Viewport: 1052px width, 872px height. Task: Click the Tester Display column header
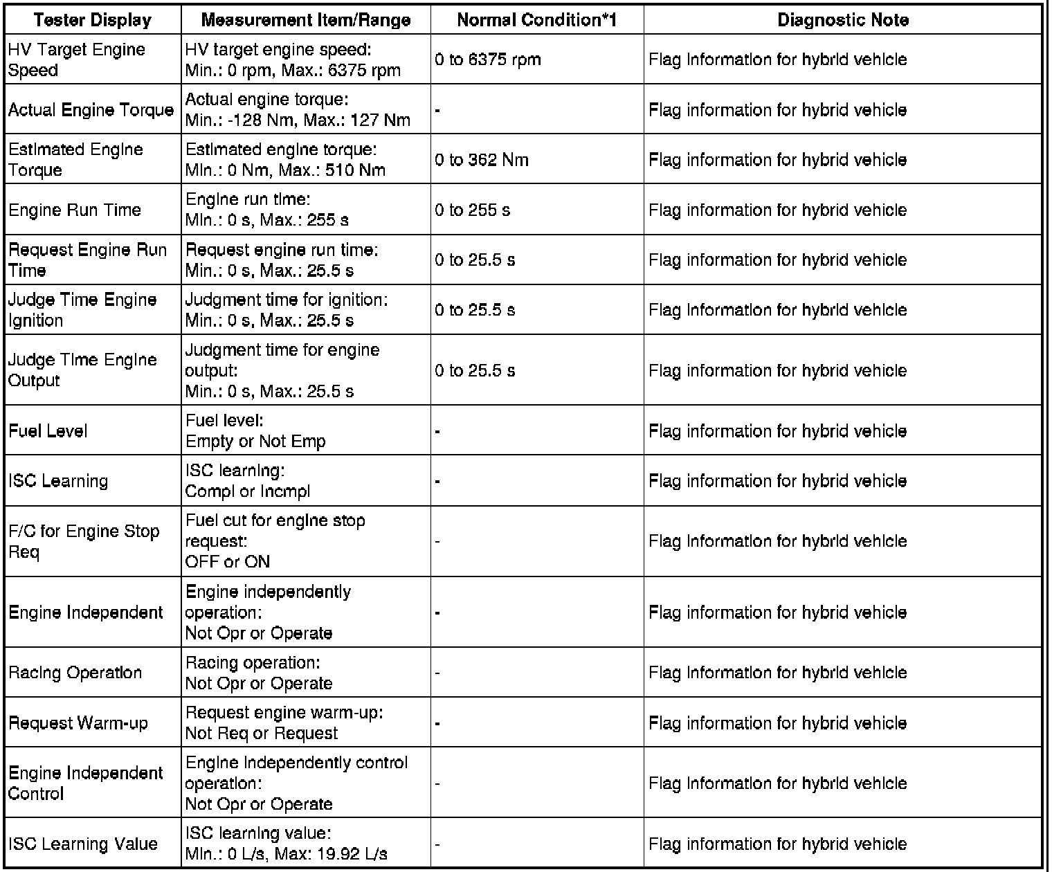(x=92, y=20)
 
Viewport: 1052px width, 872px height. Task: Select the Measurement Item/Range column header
(x=306, y=20)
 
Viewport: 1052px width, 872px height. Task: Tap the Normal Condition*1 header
(x=536, y=20)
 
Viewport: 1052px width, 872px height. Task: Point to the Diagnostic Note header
(x=842, y=20)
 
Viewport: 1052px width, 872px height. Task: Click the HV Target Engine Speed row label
(x=77, y=60)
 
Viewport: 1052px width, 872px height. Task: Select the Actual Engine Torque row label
(x=91, y=110)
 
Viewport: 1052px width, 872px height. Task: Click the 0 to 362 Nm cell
(x=482, y=160)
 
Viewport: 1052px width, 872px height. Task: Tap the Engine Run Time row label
(x=75, y=210)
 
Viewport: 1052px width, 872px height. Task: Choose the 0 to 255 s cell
(x=473, y=210)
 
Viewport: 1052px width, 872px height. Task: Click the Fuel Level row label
(x=48, y=430)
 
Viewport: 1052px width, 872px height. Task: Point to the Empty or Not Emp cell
(x=255, y=441)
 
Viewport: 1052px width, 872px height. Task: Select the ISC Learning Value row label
(x=83, y=844)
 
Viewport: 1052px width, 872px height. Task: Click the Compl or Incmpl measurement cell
(x=248, y=491)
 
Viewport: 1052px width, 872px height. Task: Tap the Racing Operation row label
(x=75, y=673)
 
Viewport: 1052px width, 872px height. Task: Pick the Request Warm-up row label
(x=78, y=723)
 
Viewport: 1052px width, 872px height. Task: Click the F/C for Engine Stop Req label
(x=84, y=541)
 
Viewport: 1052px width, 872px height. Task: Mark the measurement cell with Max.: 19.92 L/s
(x=286, y=844)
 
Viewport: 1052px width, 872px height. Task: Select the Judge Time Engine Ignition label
(x=82, y=310)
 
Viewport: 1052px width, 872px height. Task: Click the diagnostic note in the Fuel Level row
(x=777, y=430)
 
